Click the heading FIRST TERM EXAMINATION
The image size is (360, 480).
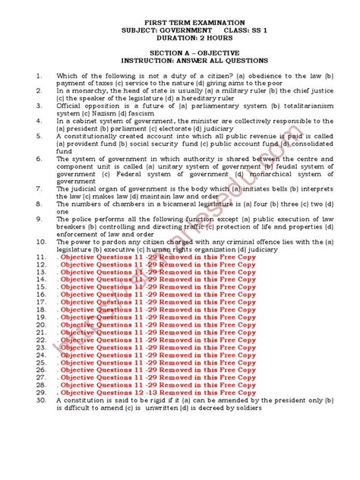(179, 23)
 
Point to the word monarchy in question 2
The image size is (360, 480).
(84, 90)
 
